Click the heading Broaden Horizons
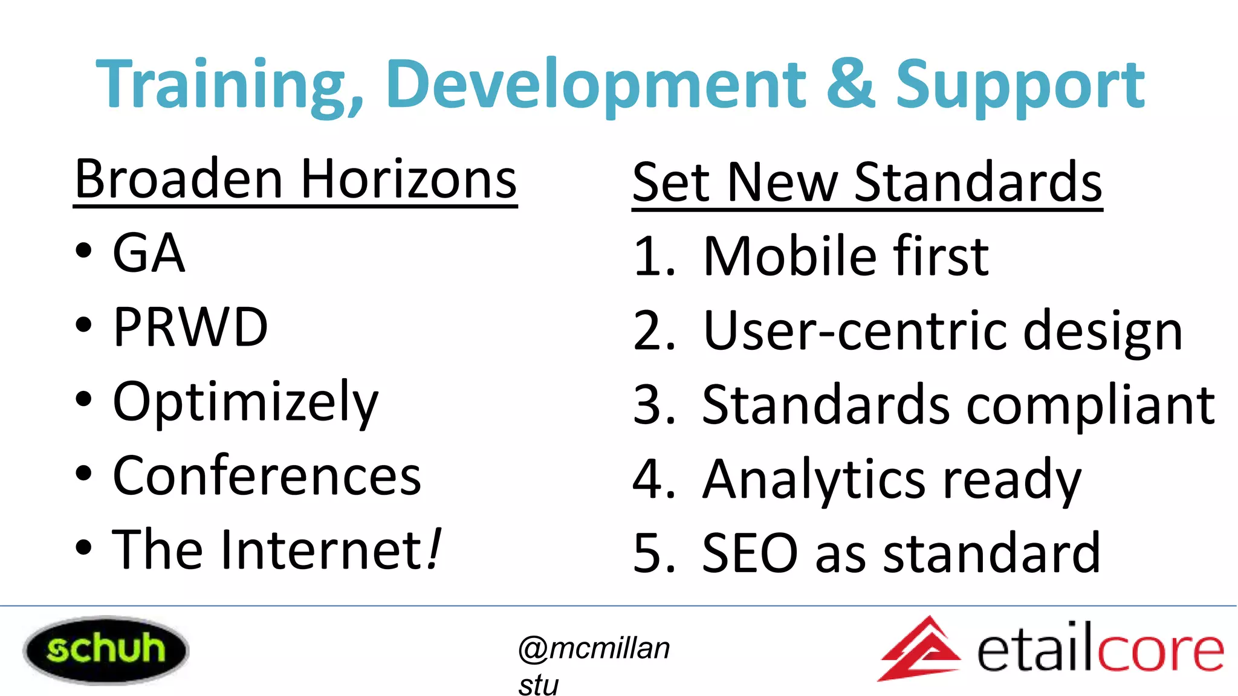click(296, 179)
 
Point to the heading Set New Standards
click(867, 182)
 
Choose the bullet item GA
click(149, 253)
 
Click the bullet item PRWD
click(190, 327)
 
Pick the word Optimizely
click(245, 402)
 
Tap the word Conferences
click(267, 476)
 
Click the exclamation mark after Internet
click(434, 549)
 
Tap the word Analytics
click(814, 480)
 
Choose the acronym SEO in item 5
click(750, 553)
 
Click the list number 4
click(647, 480)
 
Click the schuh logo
click(106, 649)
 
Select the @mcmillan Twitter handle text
click(594, 648)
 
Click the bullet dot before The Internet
click(84, 548)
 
